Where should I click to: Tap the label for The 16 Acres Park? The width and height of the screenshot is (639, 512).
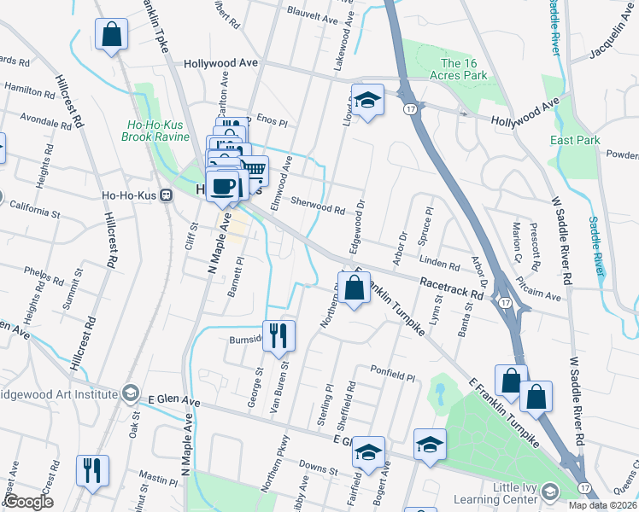point(464,69)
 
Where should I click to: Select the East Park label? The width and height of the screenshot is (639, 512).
point(575,141)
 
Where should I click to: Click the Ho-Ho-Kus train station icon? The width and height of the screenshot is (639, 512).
point(167,195)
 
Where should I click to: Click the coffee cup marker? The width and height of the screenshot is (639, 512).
point(223,187)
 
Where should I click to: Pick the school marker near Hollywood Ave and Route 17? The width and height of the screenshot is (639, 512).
point(367,102)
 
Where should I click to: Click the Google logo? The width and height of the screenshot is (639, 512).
point(29,502)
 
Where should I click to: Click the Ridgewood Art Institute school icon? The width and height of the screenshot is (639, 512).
point(131,393)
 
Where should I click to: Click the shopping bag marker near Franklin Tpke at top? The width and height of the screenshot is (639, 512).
point(112,37)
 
